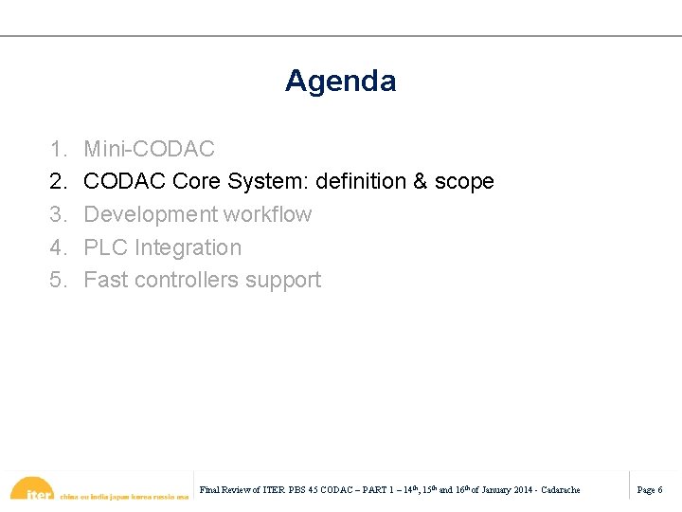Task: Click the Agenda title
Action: pyautogui.click(x=340, y=82)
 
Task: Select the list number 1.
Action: pyautogui.click(x=58, y=149)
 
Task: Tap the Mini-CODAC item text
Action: pyautogui.click(x=150, y=149)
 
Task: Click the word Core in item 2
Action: pyautogui.click(x=196, y=181)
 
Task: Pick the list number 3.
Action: pyautogui.click(x=58, y=214)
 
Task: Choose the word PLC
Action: pyautogui.click(x=106, y=247)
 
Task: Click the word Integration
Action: pyautogui.click(x=188, y=248)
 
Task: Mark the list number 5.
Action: pyautogui.click(x=58, y=280)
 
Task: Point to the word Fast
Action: pyautogui.click(x=106, y=280)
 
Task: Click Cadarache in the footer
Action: pyautogui.click(x=561, y=490)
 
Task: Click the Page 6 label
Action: pyautogui.click(x=650, y=490)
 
